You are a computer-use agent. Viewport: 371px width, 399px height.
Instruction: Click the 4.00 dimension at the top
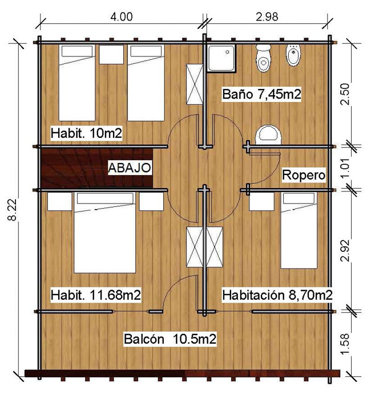[122, 17]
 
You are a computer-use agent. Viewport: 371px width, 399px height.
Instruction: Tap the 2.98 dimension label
[267, 17]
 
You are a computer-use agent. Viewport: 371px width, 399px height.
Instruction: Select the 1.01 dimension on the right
[345, 168]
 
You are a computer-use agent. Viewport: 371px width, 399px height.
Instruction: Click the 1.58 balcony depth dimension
[345, 344]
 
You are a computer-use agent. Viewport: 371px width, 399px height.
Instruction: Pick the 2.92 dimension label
[345, 250]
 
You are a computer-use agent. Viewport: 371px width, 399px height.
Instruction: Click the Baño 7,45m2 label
[261, 94]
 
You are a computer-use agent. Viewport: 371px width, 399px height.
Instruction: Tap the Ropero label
[304, 175]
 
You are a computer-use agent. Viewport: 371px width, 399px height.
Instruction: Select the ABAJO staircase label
[130, 168]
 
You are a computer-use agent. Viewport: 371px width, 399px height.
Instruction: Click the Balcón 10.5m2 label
[170, 339]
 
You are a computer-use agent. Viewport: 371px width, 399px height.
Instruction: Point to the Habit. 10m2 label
[86, 133]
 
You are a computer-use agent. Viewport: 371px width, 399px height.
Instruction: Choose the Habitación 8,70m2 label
[277, 295]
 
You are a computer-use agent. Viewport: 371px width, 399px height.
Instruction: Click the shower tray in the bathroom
[221, 58]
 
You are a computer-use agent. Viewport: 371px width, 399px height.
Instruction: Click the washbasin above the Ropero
[268, 135]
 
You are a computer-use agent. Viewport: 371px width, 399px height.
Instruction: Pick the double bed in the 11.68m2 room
[104, 233]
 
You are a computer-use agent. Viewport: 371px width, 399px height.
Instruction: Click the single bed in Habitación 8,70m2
[299, 230]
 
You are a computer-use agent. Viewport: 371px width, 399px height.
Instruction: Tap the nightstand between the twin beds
[111, 55]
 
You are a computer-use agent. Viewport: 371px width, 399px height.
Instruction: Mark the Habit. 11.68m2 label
[95, 295]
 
